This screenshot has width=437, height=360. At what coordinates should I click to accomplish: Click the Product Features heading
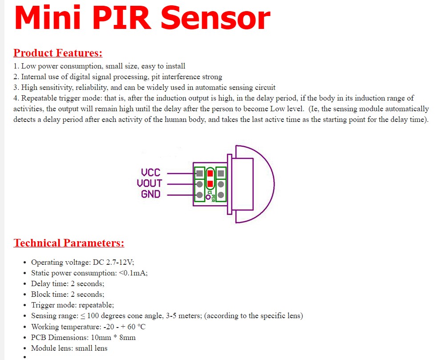[58, 53]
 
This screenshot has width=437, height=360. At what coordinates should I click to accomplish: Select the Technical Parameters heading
[69, 243]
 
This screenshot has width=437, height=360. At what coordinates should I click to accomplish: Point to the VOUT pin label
[149, 183]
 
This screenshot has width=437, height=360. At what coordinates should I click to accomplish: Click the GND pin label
[150, 194]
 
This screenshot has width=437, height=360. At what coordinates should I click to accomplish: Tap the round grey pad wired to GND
[199, 194]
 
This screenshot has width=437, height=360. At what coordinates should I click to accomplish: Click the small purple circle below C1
[208, 197]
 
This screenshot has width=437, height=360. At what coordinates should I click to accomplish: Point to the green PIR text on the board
[214, 198]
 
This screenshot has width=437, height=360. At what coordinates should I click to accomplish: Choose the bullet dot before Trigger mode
[24, 305]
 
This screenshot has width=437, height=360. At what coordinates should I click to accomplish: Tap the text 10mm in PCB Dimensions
[103, 337]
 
